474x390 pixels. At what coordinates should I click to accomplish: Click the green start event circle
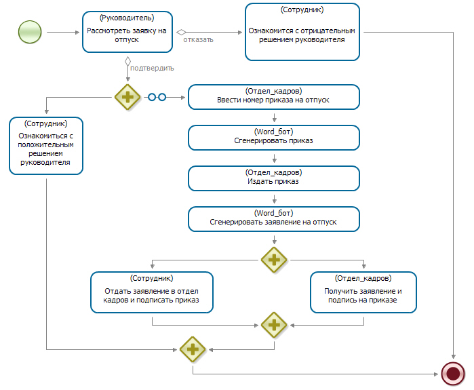pos(30,32)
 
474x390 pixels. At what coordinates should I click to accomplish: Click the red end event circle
pos(453,374)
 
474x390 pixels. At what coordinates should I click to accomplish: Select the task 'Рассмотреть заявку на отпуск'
pos(127,32)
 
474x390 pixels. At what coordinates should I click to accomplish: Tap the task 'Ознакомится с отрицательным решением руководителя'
pos(302,32)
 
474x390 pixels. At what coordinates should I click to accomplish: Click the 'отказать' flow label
pos(198,39)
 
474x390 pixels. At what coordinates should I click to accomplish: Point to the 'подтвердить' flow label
pos(152,69)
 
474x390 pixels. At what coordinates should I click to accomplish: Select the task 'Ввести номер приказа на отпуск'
pos(274,97)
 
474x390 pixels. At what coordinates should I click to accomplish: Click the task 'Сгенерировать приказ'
pos(274,138)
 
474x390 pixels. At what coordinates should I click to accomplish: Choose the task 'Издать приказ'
pos(274,178)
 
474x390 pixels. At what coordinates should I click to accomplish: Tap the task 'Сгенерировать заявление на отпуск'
pos(274,219)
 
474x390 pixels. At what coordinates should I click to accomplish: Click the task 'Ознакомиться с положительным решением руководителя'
pos(46,146)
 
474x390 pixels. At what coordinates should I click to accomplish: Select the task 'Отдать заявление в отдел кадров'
pos(152,292)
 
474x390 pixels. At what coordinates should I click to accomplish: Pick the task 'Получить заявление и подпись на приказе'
pos(363,292)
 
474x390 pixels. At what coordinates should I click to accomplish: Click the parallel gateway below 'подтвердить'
pos(127,97)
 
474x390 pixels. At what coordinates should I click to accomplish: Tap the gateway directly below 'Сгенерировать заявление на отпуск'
pos(274,260)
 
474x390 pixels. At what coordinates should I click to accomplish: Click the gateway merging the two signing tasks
pos(274,326)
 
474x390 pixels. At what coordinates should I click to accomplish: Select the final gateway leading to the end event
pos(193,349)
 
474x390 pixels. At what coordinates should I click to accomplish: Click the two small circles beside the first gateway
pos(157,97)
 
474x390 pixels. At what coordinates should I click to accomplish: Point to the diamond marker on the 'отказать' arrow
pos(181,32)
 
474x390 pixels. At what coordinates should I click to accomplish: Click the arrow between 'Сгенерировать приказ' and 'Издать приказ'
pos(275,158)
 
